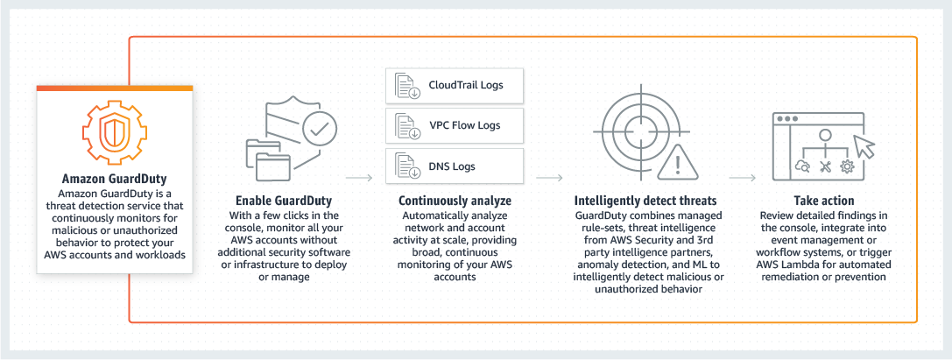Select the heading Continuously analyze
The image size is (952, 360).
point(455,200)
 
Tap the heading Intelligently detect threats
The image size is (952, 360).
point(645,200)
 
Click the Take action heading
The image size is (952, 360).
point(823,200)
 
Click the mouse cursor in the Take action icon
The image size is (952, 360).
point(864,146)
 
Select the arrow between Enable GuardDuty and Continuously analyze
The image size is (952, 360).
point(360,178)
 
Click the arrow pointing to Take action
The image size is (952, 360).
point(743,178)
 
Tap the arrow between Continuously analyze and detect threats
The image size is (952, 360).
point(549,178)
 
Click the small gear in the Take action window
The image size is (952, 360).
point(847,166)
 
